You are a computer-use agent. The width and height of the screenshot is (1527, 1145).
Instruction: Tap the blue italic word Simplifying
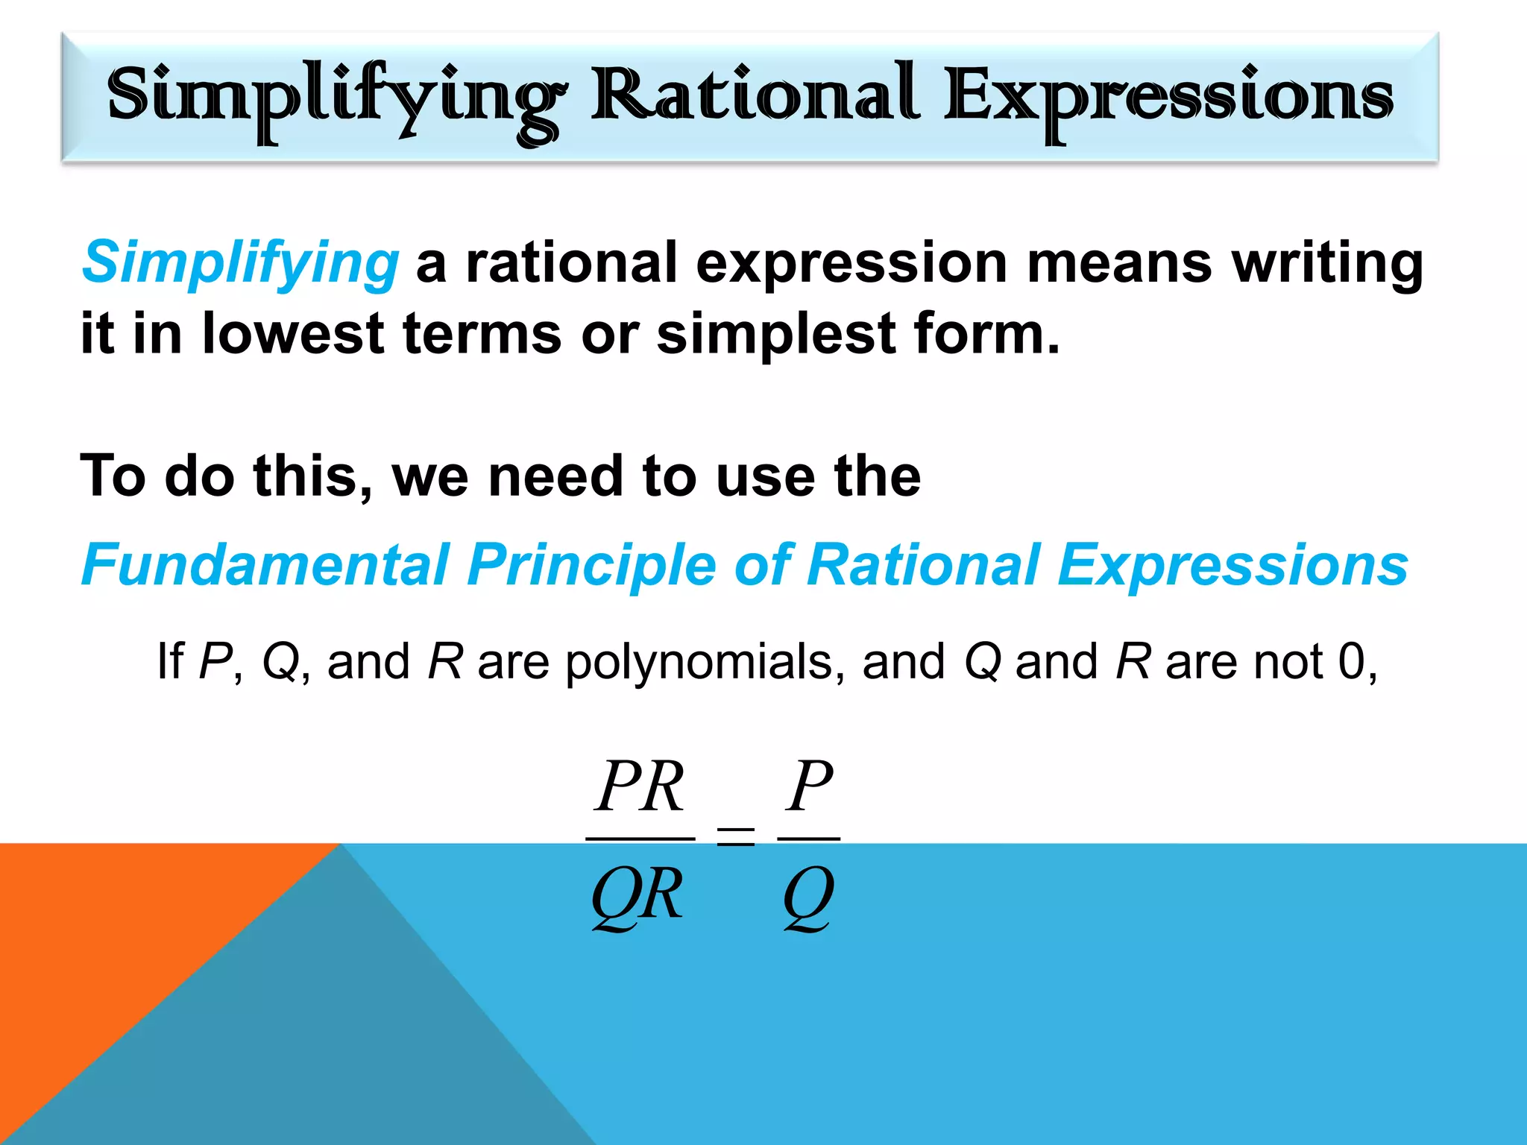click(x=240, y=263)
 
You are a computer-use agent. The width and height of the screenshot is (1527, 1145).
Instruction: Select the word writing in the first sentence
click(x=1327, y=263)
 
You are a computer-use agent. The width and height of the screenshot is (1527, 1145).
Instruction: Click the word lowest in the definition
click(x=292, y=333)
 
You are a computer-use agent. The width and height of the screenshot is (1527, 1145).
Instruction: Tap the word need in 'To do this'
click(x=555, y=476)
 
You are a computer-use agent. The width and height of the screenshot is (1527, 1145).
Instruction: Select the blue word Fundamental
click(x=265, y=564)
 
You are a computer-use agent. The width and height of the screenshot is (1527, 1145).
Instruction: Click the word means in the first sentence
click(x=1119, y=263)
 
